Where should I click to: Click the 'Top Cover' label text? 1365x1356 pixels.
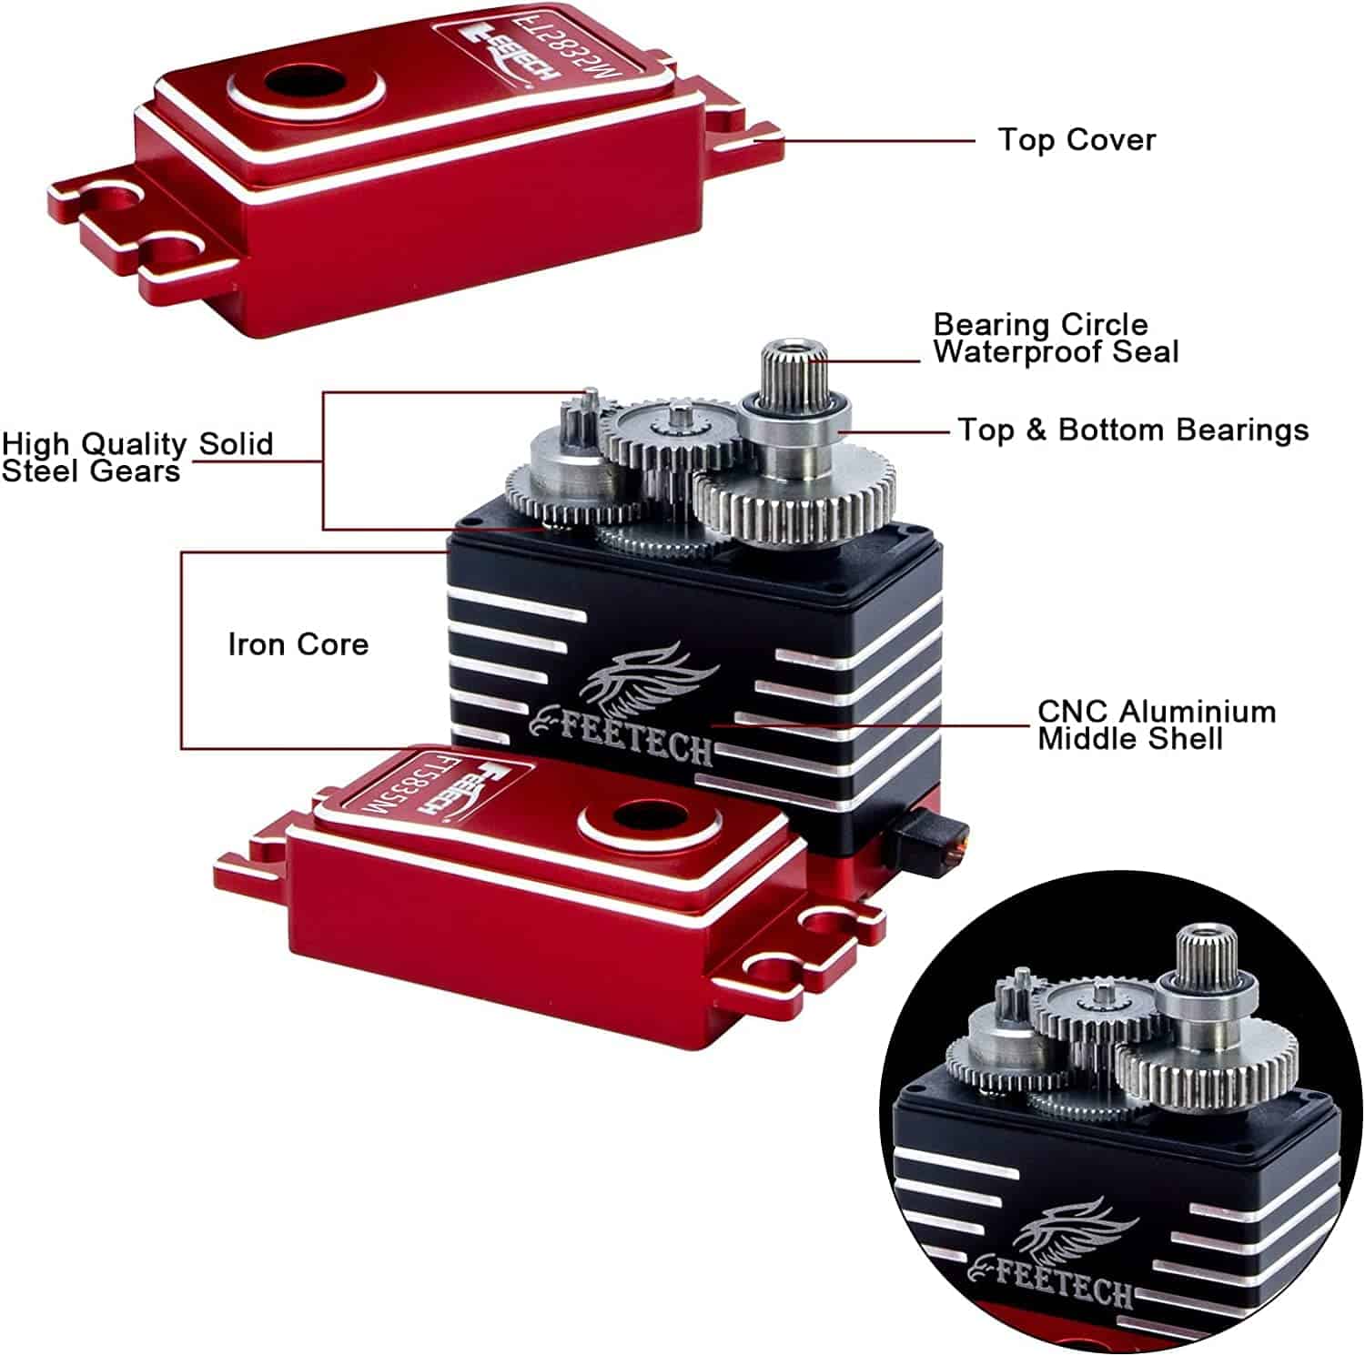pos(1077,140)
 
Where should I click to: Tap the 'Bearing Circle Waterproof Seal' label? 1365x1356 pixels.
pos(1055,339)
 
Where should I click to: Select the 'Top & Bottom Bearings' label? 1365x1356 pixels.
pos(1133,430)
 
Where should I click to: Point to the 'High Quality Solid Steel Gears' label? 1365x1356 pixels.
pos(136,457)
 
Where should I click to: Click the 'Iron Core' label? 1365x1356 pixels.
pos(298,644)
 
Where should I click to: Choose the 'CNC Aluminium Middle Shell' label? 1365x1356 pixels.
pos(1156,724)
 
